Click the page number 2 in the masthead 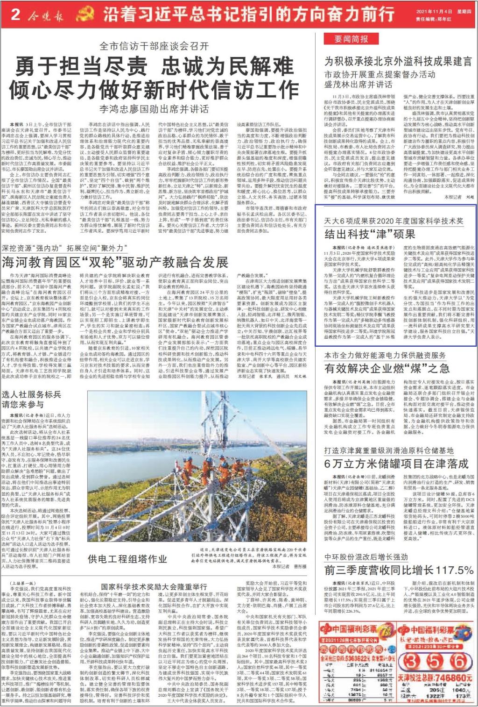tap(15, 14)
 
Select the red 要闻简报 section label tap(351, 39)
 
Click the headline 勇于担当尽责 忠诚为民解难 tap(154, 67)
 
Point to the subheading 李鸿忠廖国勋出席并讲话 tap(154, 109)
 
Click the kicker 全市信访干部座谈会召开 tap(154, 46)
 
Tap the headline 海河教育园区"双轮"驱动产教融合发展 tap(115, 262)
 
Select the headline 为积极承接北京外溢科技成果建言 tap(398, 61)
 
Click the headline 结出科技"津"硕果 tap(370, 234)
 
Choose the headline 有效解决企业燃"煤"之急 tap(387, 368)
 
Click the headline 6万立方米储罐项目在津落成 tap(396, 464)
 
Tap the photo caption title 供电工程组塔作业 tap(127, 559)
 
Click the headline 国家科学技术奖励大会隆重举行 tap(154, 586)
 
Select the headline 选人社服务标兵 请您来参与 tap(31, 400)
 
